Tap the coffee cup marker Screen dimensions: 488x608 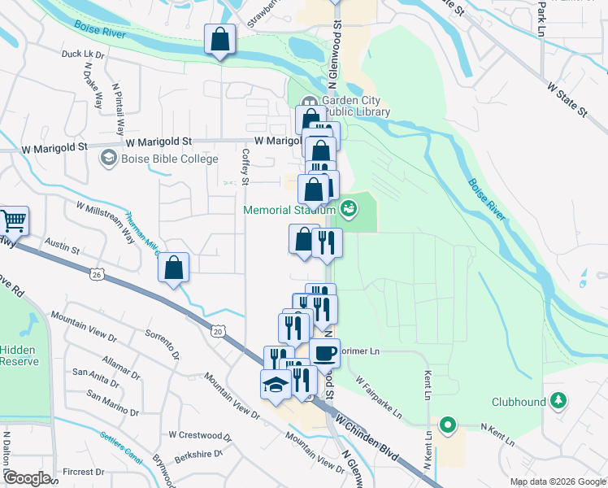tap(325, 354)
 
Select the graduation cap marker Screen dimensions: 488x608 tap(276, 383)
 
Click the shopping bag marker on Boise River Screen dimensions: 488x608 tap(219, 39)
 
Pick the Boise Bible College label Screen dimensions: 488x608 tap(170, 159)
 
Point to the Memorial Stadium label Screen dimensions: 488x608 tap(290, 211)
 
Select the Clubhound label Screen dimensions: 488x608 tap(517, 401)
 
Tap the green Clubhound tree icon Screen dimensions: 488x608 tap(558, 400)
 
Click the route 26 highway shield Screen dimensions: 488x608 tap(97, 275)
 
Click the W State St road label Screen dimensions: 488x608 tap(567, 98)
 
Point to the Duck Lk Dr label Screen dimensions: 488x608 tap(84, 54)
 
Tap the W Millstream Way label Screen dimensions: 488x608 tap(106, 222)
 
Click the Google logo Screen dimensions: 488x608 tap(27, 478)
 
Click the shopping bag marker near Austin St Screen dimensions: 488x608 tap(174, 268)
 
